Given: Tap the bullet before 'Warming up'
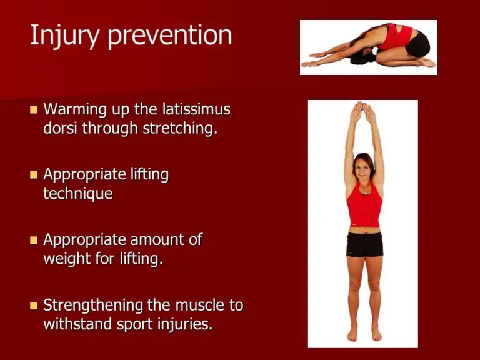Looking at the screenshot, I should click(34, 110).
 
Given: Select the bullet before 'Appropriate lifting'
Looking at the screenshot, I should click(34, 175).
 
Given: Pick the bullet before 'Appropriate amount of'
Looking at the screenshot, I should click(34, 240).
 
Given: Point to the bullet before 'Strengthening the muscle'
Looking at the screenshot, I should click(34, 306).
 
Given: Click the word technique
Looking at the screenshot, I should click(77, 194).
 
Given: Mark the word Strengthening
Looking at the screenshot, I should click(94, 306).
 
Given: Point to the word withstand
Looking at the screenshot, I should click(77, 325).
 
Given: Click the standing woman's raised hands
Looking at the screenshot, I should click(363, 113).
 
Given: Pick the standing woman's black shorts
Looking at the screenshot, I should click(364, 244).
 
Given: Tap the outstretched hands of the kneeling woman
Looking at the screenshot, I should click(311, 62).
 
